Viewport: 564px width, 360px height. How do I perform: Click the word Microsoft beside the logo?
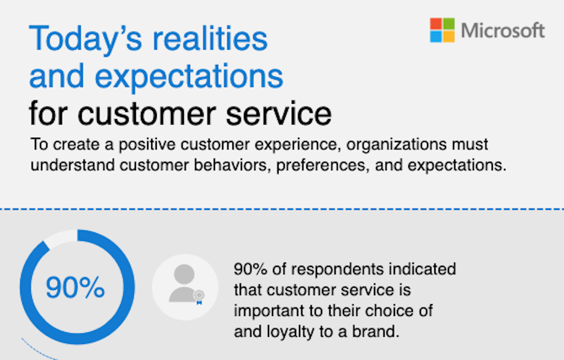click(503, 30)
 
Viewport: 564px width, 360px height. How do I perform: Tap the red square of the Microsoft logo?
click(436, 24)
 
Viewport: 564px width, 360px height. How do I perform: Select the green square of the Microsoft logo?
click(448, 24)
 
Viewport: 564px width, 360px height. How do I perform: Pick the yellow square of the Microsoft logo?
click(448, 36)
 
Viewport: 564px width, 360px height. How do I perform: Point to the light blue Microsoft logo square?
click(436, 36)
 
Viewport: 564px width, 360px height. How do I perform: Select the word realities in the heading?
click(210, 38)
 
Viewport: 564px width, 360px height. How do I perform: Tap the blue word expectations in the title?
click(189, 77)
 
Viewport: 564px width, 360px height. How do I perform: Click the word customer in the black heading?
click(147, 114)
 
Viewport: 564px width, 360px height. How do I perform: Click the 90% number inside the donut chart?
click(75, 287)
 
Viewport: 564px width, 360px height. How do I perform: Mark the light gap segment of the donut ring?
click(61, 238)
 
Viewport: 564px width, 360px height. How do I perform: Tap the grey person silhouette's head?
click(184, 274)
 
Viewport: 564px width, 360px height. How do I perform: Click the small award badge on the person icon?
click(199, 297)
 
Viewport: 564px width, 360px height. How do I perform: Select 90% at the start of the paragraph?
click(250, 269)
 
